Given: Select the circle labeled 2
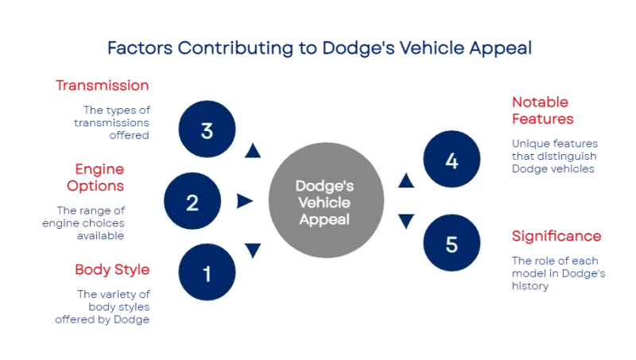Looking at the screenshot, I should [192, 202].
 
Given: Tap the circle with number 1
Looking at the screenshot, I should [207, 275].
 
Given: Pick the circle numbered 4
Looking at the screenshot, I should [452, 161].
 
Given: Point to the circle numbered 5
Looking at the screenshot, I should [452, 244].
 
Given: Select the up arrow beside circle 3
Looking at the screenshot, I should [253, 150].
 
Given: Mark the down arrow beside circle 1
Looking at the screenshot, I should [253, 253].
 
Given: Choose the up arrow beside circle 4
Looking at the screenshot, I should [405, 182].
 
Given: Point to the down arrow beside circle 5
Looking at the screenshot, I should [405, 221].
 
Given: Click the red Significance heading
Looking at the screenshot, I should [556, 236].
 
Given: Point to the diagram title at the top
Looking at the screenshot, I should [317, 48].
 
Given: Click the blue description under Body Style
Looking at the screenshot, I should [112, 306].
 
